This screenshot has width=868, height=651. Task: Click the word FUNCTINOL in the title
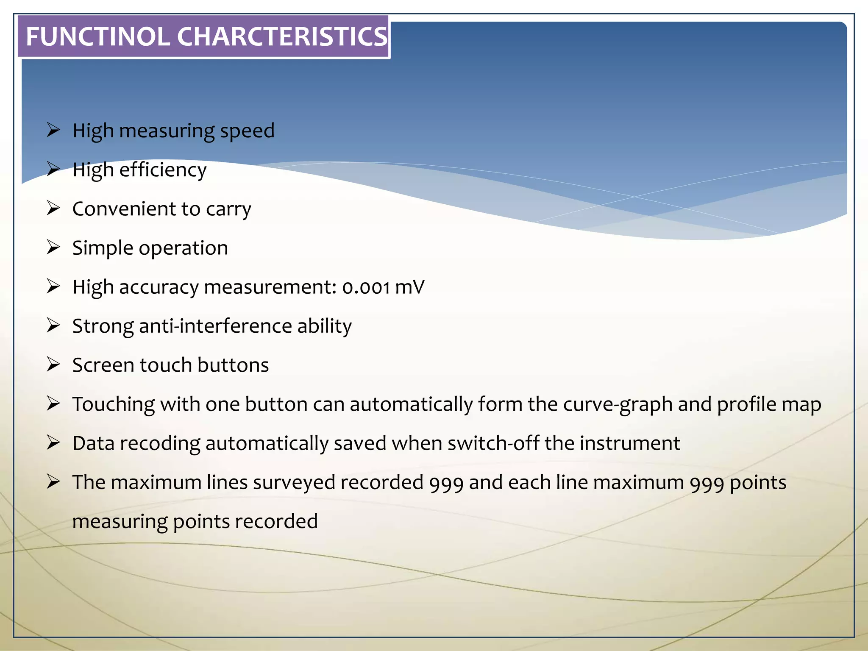pyautogui.click(x=98, y=36)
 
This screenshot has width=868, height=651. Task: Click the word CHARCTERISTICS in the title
pyautogui.click(x=282, y=36)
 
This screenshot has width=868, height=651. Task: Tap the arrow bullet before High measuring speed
pyautogui.click(x=53, y=130)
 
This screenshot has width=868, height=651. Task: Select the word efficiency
pyautogui.click(x=163, y=170)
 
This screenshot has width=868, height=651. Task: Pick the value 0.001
pyautogui.click(x=366, y=287)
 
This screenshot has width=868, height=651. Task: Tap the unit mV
pyautogui.click(x=409, y=287)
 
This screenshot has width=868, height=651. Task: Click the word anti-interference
pyautogui.click(x=215, y=326)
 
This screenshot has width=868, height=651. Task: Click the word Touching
pyautogui.click(x=113, y=405)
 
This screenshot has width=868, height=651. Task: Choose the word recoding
pyautogui.click(x=160, y=444)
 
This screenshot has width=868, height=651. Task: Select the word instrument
pyautogui.click(x=630, y=443)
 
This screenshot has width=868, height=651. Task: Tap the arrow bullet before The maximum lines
pyautogui.click(x=53, y=482)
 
